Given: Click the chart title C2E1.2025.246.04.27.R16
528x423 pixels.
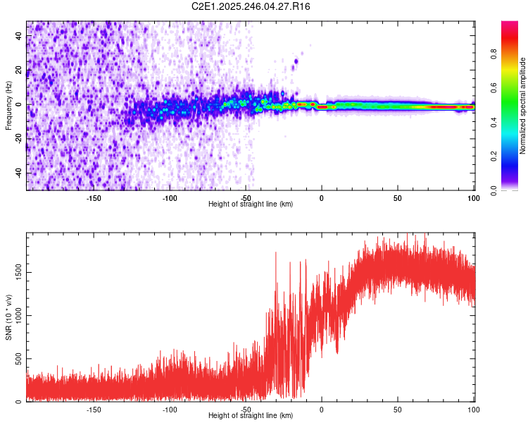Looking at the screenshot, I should click(x=251, y=6).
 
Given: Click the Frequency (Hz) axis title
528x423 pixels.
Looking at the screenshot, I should click(x=8, y=106).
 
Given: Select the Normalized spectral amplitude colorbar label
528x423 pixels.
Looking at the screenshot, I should click(x=523, y=106).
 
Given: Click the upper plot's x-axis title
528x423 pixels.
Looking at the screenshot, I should click(x=251, y=204).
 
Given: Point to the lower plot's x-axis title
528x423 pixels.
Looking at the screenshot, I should click(x=251, y=416).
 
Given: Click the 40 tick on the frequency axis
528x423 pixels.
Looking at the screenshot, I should click(x=19, y=37).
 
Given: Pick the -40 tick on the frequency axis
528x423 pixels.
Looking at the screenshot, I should click(x=18, y=173).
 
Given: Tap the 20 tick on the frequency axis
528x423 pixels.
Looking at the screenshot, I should click(x=19, y=70).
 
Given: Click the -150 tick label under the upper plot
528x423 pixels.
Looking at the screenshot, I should click(x=94, y=197).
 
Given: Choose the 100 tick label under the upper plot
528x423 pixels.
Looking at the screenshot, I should click(x=474, y=197).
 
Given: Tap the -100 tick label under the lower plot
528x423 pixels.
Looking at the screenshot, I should click(x=170, y=409).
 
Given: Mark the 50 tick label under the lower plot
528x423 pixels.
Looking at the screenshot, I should click(x=398, y=409).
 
